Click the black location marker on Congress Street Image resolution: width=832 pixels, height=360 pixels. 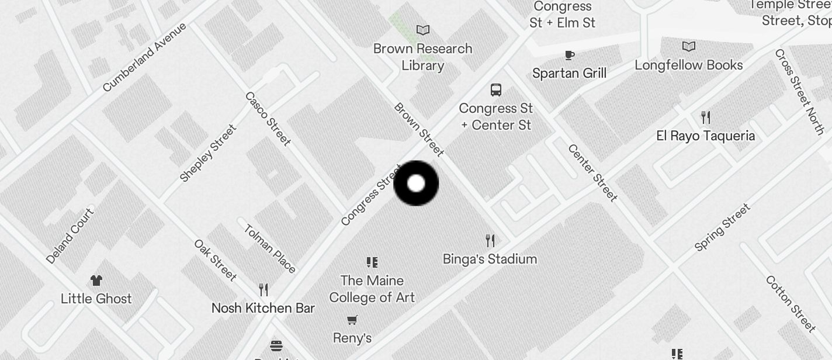(416, 184)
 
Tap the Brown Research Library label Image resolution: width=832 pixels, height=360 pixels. (422, 57)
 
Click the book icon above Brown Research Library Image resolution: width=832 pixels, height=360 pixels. (422, 30)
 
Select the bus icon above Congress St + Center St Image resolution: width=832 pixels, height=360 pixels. (496, 90)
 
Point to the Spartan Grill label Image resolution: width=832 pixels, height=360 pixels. (569, 73)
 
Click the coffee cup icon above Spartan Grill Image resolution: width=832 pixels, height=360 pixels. (569, 55)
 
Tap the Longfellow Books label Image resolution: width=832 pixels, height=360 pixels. (689, 65)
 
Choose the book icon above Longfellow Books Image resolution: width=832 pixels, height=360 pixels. (689, 46)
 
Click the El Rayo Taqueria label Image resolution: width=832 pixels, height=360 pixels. (706, 136)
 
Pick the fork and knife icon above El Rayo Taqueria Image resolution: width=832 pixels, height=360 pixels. (706, 117)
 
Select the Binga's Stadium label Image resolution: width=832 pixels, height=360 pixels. (490, 259)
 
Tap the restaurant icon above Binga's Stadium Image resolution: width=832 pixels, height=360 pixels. (490, 240)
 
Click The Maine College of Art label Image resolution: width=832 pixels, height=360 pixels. (372, 289)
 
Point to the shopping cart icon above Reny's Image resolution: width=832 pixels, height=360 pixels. (352, 320)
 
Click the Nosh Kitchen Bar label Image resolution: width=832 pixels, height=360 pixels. (263, 308)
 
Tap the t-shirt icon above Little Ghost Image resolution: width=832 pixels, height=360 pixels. (96, 281)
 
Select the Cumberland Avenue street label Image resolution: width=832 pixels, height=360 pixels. (144, 57)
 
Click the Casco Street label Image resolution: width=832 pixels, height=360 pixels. (268, 119)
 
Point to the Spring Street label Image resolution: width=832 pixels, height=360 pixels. (722, 227)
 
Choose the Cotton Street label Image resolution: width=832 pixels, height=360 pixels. (791, 303)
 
